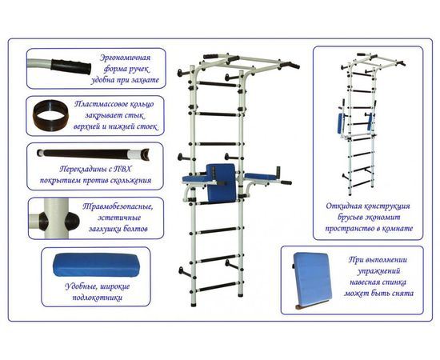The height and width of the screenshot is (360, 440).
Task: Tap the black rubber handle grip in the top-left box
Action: (x=71, y=66)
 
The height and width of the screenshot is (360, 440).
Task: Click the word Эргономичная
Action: (x=125, y=58)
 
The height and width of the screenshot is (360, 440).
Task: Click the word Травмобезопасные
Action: (x=118, y=206)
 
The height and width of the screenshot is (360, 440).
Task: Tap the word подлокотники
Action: (x=97, y=298)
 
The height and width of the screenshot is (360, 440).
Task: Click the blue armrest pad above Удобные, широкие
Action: (x=96, y=265)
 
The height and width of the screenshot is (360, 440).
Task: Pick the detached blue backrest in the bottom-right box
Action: (x=313, y=280)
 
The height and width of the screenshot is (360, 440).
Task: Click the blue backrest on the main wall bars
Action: (x=221, y=183)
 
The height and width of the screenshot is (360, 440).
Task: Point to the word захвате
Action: (x=145, y=80)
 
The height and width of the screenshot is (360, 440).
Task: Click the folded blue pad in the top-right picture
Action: (x=342, y=124)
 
